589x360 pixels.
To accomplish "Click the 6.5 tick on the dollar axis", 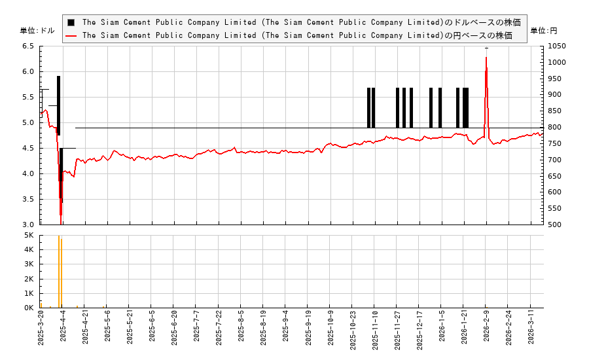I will click(x=29, y=46).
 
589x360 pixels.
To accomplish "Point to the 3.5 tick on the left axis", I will click(x=29, y=199).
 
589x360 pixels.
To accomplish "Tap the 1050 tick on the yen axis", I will click(x=557, y=46).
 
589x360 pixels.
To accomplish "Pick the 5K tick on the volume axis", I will click(x=29, y=235).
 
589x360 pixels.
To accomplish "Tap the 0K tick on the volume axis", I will click(x=29, y=308).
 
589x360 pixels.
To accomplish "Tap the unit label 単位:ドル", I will click(x=37, y=31).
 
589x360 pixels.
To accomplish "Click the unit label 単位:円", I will click(x=543, y=31).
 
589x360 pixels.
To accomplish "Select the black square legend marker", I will click(x=71, y=22).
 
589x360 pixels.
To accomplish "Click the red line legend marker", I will click(x=71, y=35).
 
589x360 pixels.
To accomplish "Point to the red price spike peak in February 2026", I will click(x=486, y=58).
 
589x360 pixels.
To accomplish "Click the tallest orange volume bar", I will click(x=59, y=271).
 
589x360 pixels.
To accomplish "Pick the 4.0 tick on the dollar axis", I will click(x=29, y=173).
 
